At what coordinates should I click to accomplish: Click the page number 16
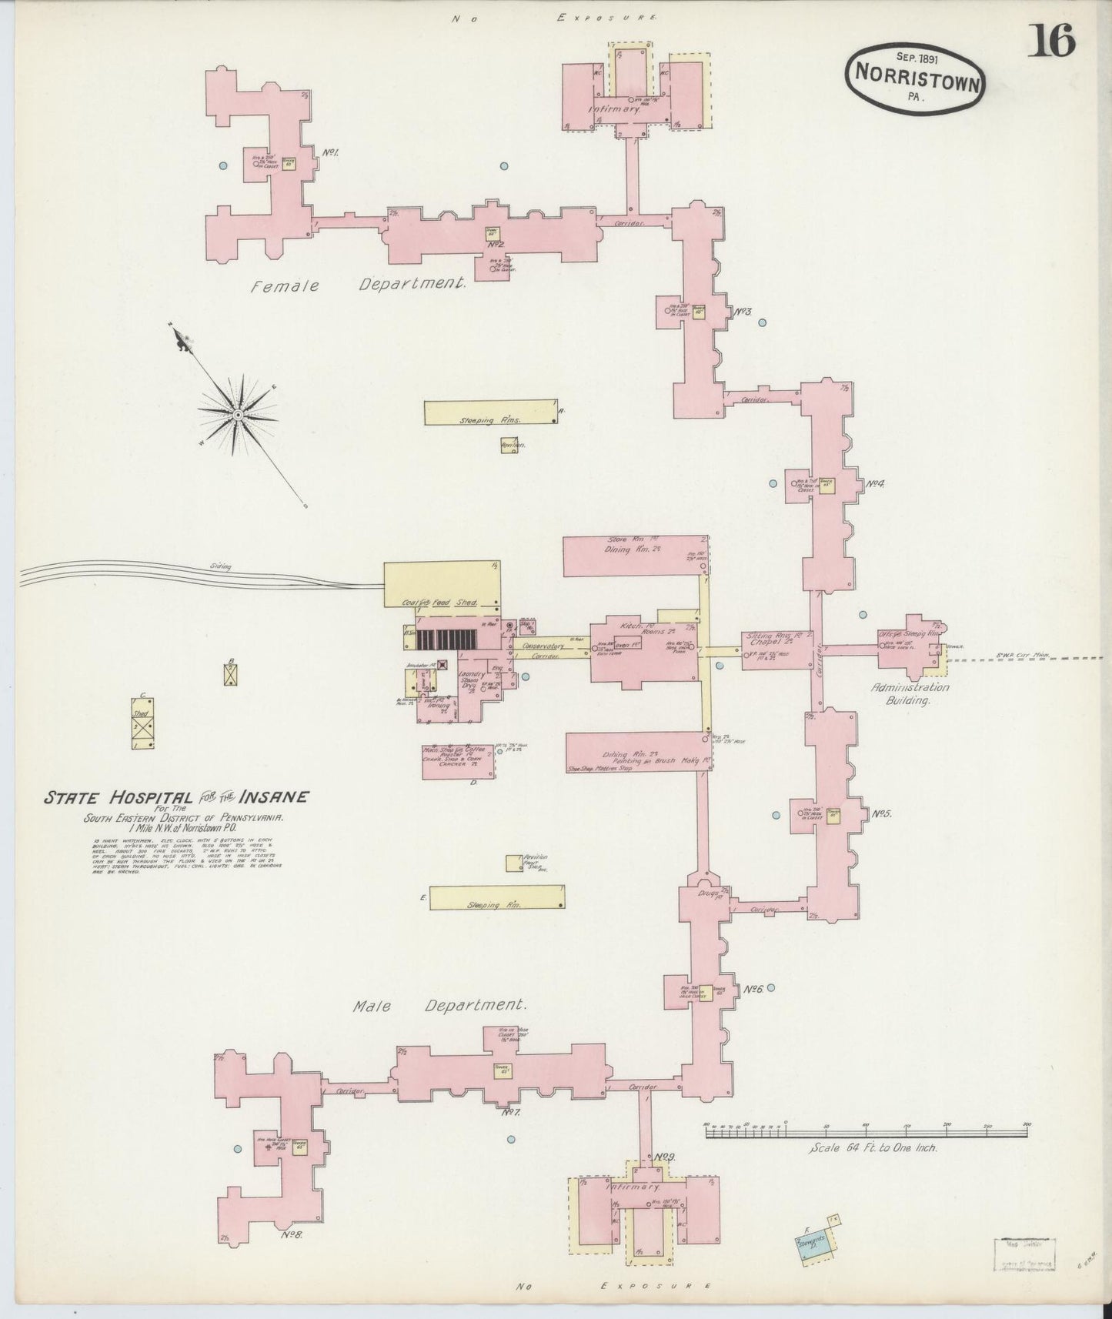pyautogui.click(x=1051, y=40)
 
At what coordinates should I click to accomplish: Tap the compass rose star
pyautogui.click(x=238, y=415)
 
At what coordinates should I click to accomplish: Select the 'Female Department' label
pyautogui.click(x=359, y=285)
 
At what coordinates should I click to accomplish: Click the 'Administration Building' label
pyautogui.click(x=910, y=693)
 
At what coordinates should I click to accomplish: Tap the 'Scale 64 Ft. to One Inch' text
pyautogui.click(x=873, y=1147)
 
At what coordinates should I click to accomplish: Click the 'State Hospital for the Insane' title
pyautogui.click(x=176, y=797)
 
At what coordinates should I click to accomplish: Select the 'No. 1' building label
pyautogui.click(x=330, y=152)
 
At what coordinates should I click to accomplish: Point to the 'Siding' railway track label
pyautogui.click(x=221, y=566)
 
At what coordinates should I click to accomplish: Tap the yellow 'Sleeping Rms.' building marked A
pyautogui.click(x=491, y=412)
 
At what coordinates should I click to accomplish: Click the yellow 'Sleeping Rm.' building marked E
pyautogui.click(x=498, y=897)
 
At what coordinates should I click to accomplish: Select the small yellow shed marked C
pyautogui.click(x=142, y=723)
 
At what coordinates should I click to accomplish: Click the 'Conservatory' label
pyautogui.click(x=543, y=646)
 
